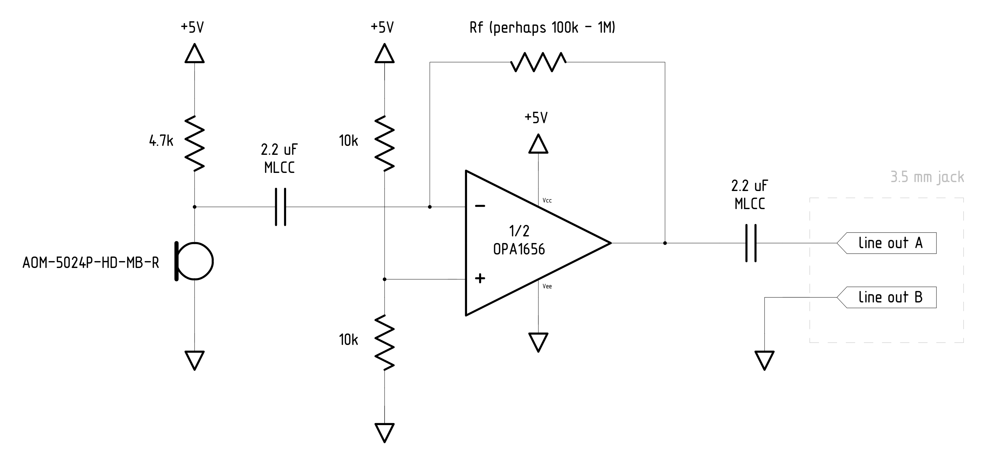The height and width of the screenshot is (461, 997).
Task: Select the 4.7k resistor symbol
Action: (x=194, y=143)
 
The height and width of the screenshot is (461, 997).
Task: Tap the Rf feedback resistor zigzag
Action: (x=538, y=62)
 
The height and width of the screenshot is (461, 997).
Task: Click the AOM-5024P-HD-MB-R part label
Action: (x=90, y=263)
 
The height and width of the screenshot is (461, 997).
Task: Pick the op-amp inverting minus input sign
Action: (x=480, y=206)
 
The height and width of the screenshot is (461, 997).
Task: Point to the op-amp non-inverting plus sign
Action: (x=480, y=278)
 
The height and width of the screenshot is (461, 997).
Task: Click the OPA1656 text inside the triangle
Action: (x=519, y=249)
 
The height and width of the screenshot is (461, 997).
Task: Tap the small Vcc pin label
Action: (x=547, y=200)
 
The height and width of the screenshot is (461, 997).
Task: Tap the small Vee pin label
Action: (x=547, y=286)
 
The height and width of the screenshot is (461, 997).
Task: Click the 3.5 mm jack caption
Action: (x=927, y=177)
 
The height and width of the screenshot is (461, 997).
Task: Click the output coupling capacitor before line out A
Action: (x=751, y=243)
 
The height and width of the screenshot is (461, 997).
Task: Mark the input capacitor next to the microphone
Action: (x=281, y=207)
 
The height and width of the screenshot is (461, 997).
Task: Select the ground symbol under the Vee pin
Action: (x=538, y=342)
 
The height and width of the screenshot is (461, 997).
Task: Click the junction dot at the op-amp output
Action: (x=665, y=243)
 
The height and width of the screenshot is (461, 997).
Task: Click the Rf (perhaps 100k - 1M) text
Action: (x=542, y=28)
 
